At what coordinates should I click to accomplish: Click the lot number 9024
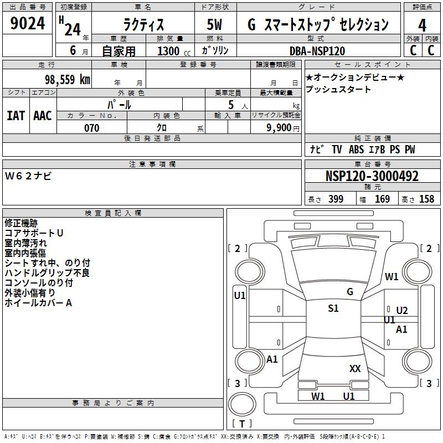(28, 24)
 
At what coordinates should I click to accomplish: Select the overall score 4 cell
(423, 25)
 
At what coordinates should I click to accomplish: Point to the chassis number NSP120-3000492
(372, 177)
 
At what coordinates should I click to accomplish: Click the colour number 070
(91, 128)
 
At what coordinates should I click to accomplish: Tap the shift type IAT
(16, 116)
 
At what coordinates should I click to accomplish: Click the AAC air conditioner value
(43, 116)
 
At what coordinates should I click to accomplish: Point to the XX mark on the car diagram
(355, 368)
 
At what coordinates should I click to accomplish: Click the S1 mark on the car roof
(333, 308)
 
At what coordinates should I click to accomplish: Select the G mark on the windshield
(350, 292)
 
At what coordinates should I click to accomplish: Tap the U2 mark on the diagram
(402, 311)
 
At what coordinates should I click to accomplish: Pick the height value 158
(426, 199)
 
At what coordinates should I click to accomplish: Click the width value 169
(382, 199)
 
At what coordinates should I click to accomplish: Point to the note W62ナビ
(28, 176)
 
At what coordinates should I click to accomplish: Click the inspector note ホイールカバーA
(38, 303)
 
